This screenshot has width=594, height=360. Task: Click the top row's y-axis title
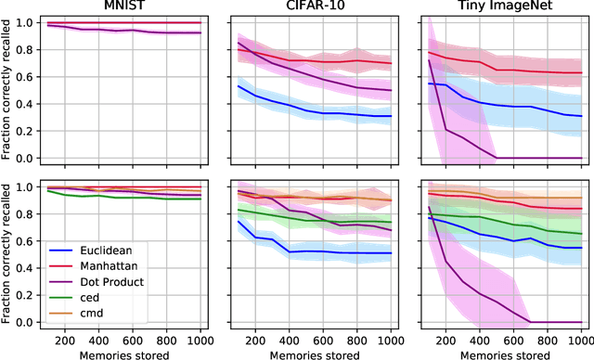[8, 89]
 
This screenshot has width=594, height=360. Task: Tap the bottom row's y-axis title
[8, 251]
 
